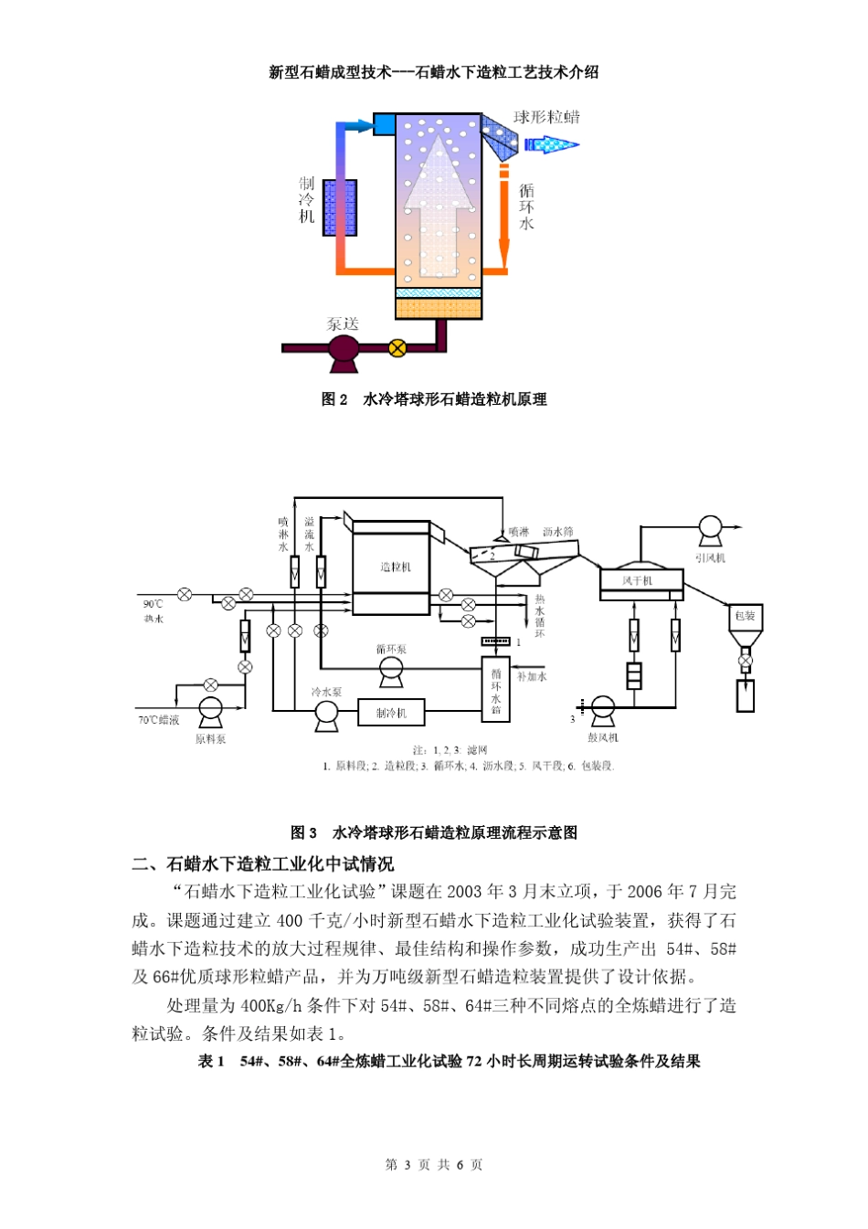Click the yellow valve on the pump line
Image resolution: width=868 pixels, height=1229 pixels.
tap(397, 347)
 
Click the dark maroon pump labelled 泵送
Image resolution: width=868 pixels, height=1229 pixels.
tap(344, 350)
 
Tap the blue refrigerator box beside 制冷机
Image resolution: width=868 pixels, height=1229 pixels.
tap(341, 207)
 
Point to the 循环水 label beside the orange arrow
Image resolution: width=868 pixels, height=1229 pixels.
tap(526, 207)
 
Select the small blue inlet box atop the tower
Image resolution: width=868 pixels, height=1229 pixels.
tap(384, 123)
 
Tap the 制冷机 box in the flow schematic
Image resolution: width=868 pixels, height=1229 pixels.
tap(390, 712)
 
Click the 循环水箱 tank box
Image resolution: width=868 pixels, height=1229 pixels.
tap(495, 689)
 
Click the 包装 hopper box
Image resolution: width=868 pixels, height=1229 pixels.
tap(745, 616)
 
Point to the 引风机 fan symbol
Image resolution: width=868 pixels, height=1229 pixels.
tap(710, 528)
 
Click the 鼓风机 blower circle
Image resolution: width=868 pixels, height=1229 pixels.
tap(602, 708)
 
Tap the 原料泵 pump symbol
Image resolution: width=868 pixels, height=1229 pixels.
tap(210, 711)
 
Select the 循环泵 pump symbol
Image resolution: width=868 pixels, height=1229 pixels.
tap(391, 673)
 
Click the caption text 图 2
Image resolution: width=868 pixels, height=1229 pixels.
tap(334, 399)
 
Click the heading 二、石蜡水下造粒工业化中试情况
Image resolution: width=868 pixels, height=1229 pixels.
tap(263, 864)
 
